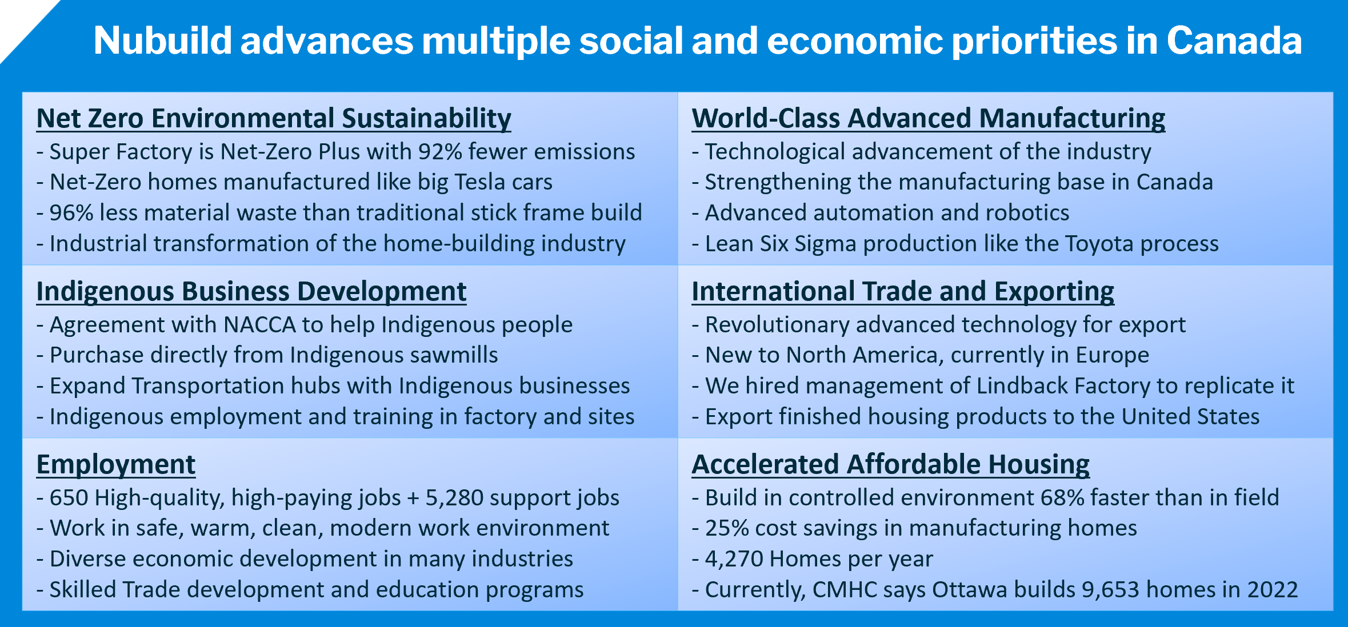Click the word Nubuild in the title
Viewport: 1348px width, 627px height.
tap(163, 41)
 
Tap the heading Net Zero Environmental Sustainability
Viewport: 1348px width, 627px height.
tap(274, 119)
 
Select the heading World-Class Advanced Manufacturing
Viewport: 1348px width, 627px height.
tap(929, 119)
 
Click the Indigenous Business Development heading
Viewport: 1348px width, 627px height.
tap(251, 292)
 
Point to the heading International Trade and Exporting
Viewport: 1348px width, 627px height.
tap(903, 292)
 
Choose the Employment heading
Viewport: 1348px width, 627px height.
tap(116, 465)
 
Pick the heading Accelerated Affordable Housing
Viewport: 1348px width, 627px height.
tap(891, 465)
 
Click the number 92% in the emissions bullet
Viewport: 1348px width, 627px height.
tap(440, 152)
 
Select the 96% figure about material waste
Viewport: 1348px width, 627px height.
tap(71, 213)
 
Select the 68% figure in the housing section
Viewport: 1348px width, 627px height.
tap(1062, 498)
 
